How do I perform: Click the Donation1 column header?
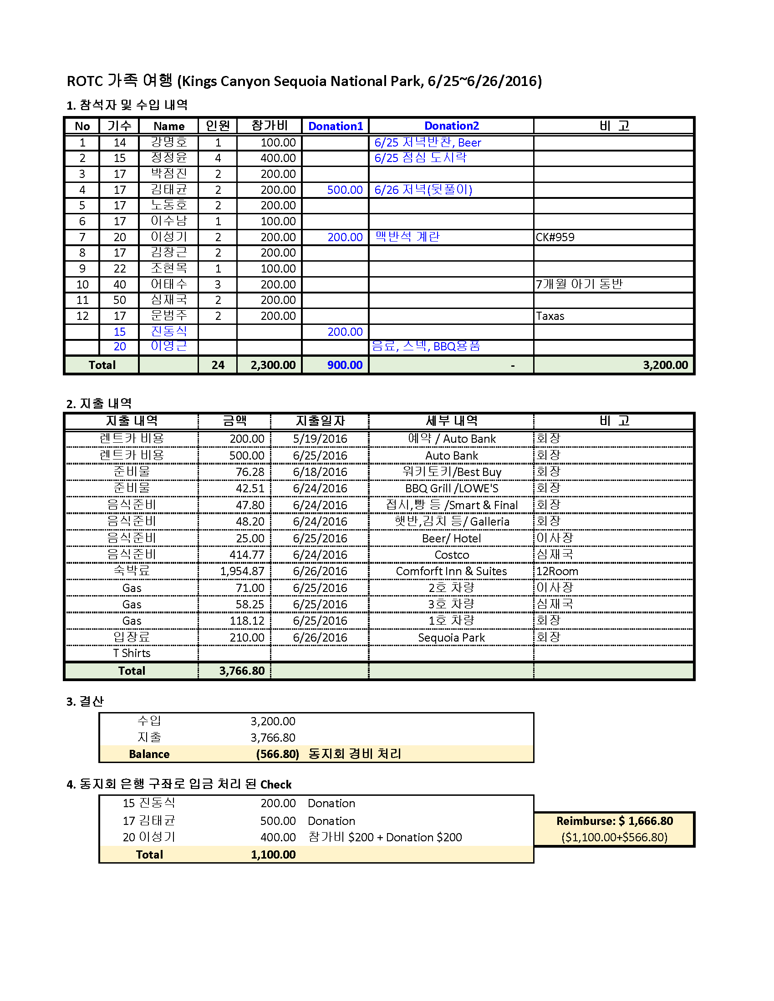click(x=335, y=126)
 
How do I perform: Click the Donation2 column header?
click(x=451, y=126)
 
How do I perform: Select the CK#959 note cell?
click(x=555, y=237)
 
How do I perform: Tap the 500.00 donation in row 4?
click(x=344, y=190)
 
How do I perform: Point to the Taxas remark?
click(x=550, y=316)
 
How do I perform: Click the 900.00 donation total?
click(x=344, y=365)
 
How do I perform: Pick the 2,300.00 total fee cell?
click(x=273, y=365)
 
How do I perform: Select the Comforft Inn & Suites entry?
click(x=451, y=571)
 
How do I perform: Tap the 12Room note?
click(x=557, y=571)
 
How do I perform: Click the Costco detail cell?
click(x=451, y=555)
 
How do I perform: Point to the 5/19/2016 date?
click(x=320, y=439)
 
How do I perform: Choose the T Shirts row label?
click(x=132, y=653)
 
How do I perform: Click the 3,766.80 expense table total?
click(x=242, y=671)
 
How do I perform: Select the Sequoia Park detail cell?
click(x=451, y=637)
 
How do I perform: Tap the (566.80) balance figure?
click(x=277, y=754)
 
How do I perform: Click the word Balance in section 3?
click(x=149, y=754)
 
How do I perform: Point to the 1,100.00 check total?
click(x=273, y=854)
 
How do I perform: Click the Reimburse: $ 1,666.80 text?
click(x=615, y=821)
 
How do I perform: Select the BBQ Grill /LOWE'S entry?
click(x=451, y=488)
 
